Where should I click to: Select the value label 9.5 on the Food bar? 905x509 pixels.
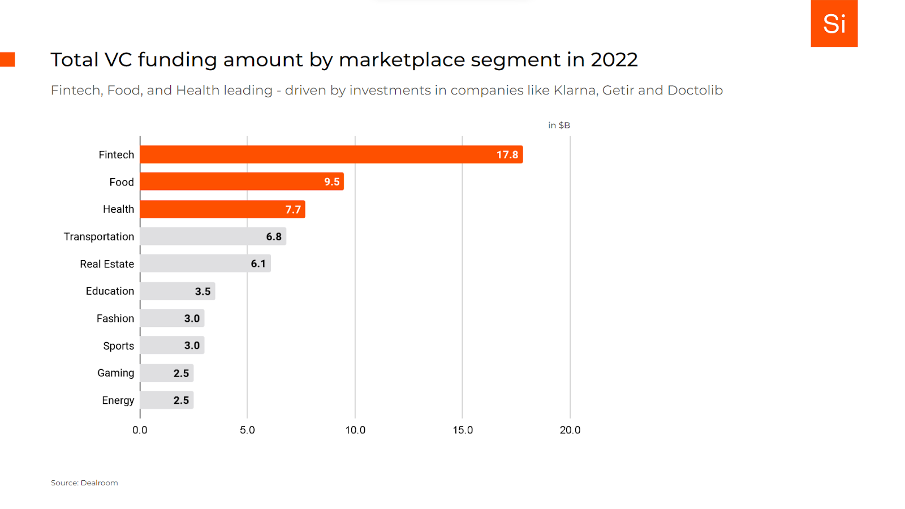[x=332, y=182]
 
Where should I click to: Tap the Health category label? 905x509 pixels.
[x=118, y=209]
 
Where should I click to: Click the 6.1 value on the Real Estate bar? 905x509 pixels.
[x=258, y=264]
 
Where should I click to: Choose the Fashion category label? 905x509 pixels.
[x=115, y=318]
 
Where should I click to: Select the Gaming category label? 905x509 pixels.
[x=115, y=373]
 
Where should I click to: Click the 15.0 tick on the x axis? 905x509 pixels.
[x=463, y=430]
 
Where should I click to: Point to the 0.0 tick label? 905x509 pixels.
[x=140, y=430]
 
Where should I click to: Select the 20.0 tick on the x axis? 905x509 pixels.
[x=570, y=430]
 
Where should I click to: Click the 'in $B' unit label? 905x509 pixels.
[x=559, y=125]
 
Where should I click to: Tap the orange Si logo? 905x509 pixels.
[x=834, y=24]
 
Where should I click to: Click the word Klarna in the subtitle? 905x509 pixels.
[x=575, y=90]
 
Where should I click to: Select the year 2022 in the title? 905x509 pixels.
[x=614, y=59]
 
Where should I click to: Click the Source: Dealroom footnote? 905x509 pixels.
[x=84, y=482]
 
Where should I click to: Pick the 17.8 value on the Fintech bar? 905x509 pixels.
[x=507, y=154]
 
